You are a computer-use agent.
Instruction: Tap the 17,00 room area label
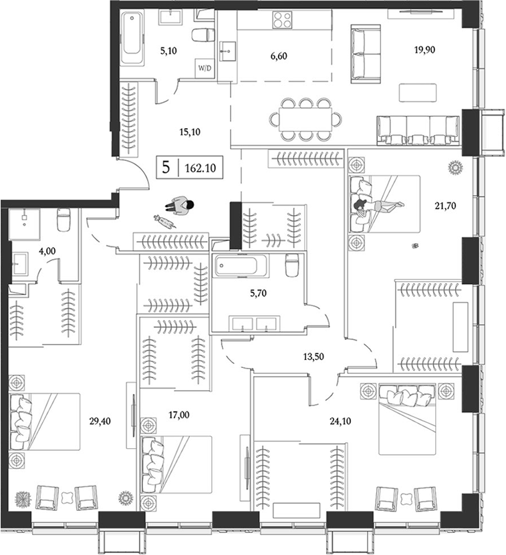(x=180, y=414)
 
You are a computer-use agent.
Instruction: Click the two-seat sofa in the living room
(x=366, y=53)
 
